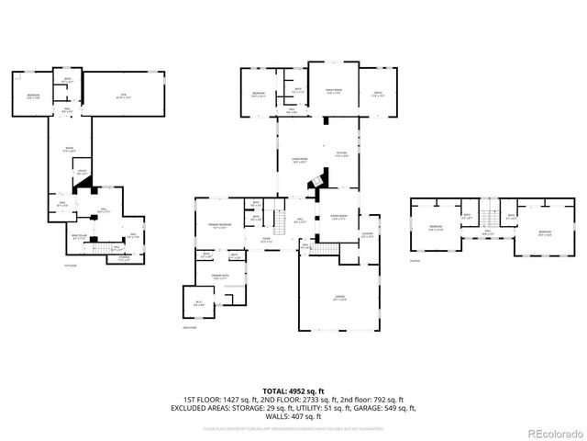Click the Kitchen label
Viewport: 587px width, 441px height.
(x=340, y=154)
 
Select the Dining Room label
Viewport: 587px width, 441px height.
(x=340, y=218)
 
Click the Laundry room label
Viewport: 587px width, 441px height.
(x=367, y=234)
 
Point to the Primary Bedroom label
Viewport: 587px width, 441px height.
(x=218, y=226)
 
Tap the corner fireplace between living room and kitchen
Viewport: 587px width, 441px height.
(x=317, y=181)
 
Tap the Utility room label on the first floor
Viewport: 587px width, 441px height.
(x=81, y=172)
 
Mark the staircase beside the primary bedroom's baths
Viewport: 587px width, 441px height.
(x=274, y=220)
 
